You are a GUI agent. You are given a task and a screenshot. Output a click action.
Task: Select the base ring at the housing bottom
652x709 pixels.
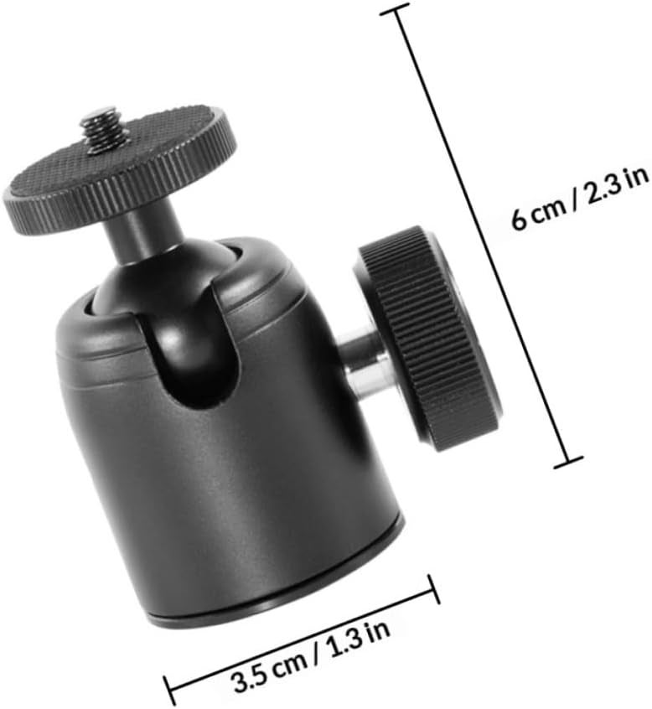[281, 583]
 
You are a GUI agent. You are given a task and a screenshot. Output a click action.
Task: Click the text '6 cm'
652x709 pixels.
[539, 214]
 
